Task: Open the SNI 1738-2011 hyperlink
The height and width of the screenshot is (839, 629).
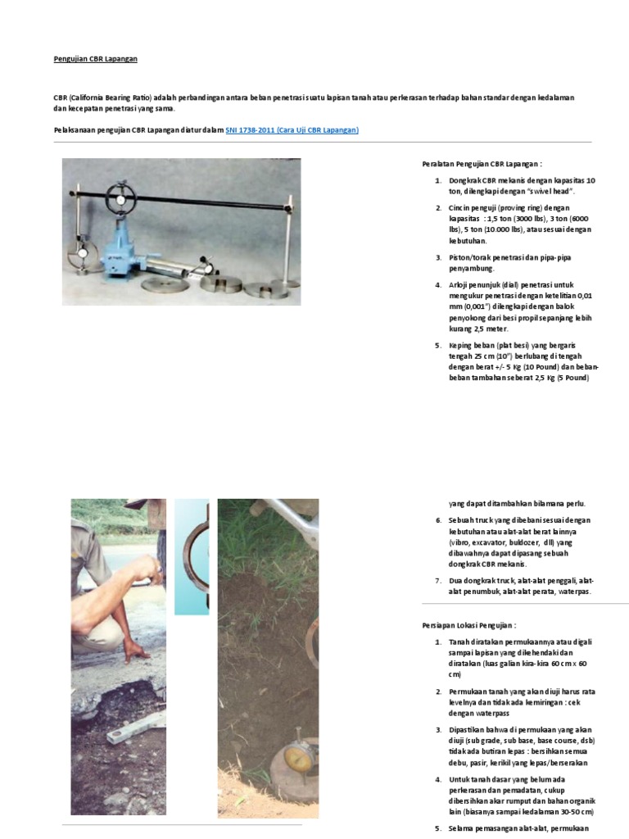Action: [292, 130]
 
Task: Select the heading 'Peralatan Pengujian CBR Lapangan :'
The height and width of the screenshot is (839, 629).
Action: [482, 164]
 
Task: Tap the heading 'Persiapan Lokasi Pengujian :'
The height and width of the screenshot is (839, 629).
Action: [470, 624]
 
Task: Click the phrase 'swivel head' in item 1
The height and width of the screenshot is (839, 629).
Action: [550, 191]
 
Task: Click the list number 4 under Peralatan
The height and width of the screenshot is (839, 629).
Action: [438, 285]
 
